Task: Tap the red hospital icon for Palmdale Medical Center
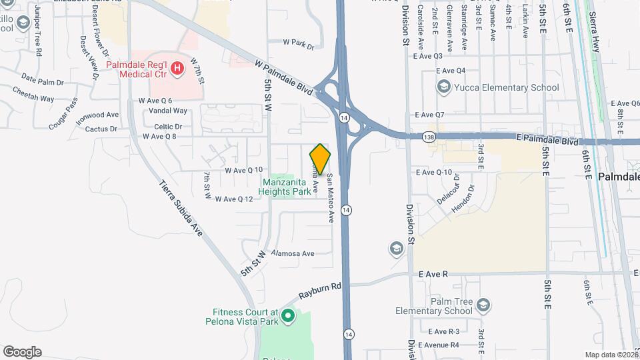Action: (177, 67)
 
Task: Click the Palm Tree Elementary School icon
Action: (483, 306)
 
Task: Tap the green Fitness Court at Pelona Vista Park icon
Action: (288, 315)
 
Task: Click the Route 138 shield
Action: (430, 137)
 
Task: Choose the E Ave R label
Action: (433, 274)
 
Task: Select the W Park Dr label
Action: (298, 44)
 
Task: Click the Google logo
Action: (22, 352)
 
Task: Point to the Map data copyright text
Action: (610, 355)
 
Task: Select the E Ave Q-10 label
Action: (433, 172)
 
